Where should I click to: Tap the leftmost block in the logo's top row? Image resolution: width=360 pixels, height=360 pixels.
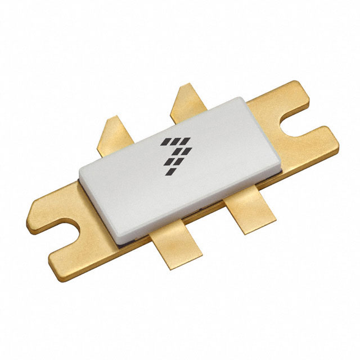pyautogui.click(x=164, y=140)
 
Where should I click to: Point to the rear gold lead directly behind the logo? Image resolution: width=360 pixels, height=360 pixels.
pyautogui.click(x=188, y=101)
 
